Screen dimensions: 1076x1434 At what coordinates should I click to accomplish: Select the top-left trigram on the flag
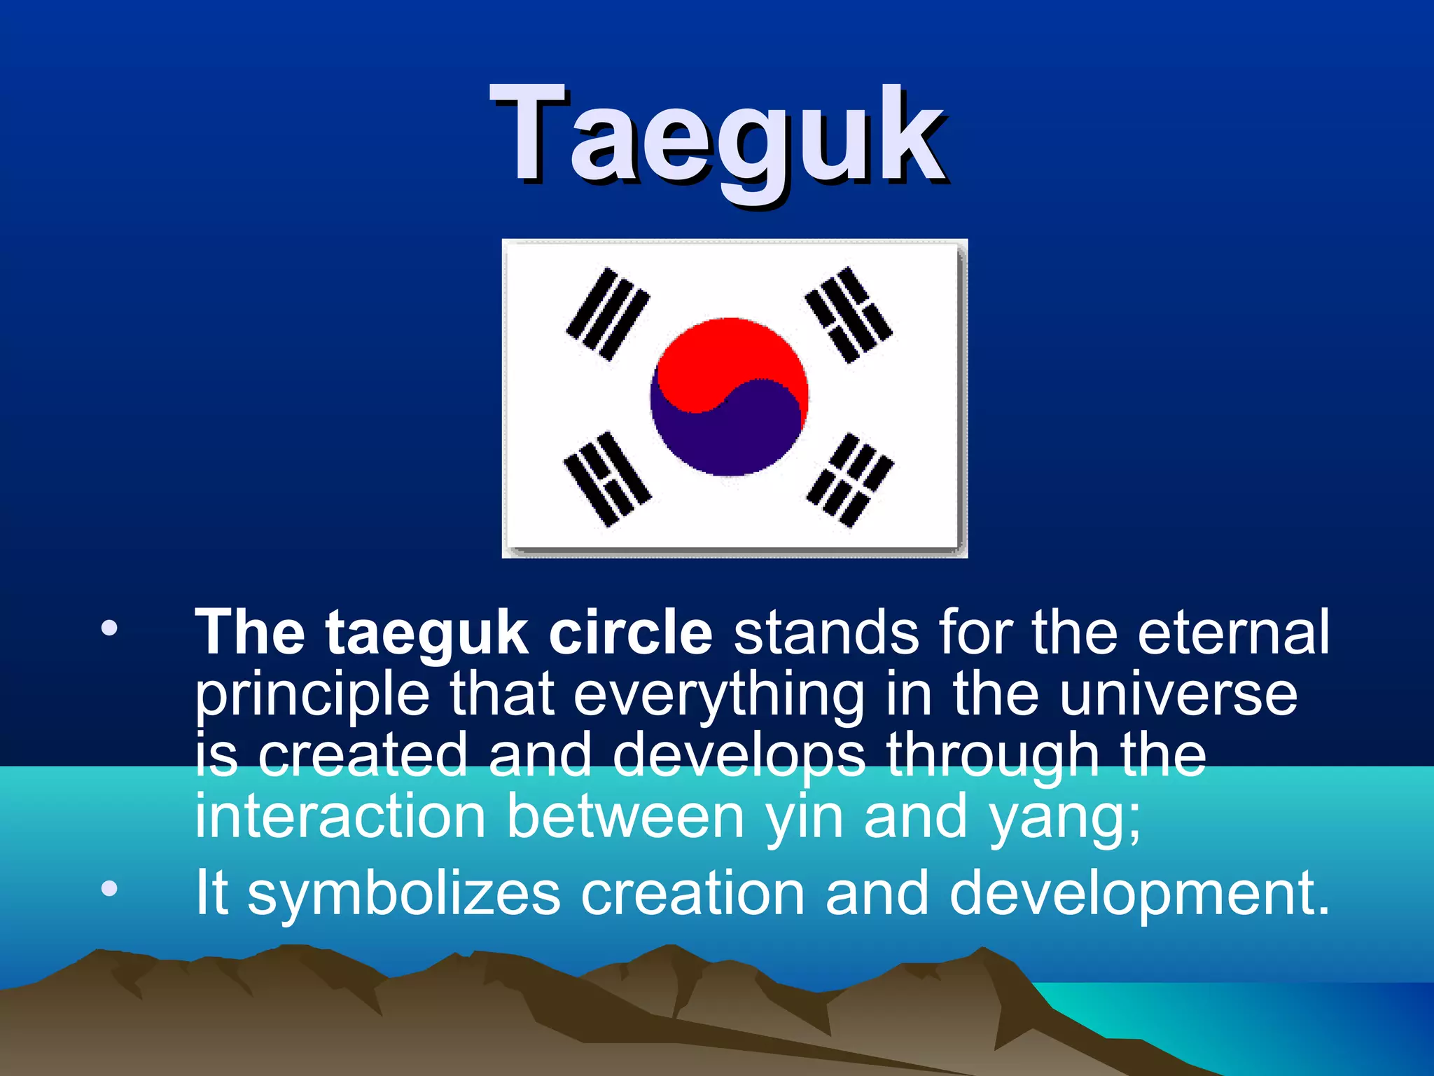point(608,313)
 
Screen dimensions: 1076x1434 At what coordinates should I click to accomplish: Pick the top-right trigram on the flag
point(848,315)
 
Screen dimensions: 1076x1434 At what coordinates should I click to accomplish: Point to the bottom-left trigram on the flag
point(607,479)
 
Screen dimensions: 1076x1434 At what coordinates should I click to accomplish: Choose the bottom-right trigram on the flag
point(849,480)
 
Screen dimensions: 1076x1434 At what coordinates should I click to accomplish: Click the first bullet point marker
point(109,628)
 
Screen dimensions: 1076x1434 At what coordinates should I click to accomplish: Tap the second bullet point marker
point(109,889)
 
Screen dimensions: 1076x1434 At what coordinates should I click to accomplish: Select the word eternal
point(1232,633)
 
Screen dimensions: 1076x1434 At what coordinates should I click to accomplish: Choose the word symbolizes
point(404,893)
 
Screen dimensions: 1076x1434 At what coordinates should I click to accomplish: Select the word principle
point(312,695)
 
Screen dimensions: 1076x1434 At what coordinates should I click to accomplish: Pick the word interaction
point(340,816)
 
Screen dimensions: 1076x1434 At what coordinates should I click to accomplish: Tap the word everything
point(719,695)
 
